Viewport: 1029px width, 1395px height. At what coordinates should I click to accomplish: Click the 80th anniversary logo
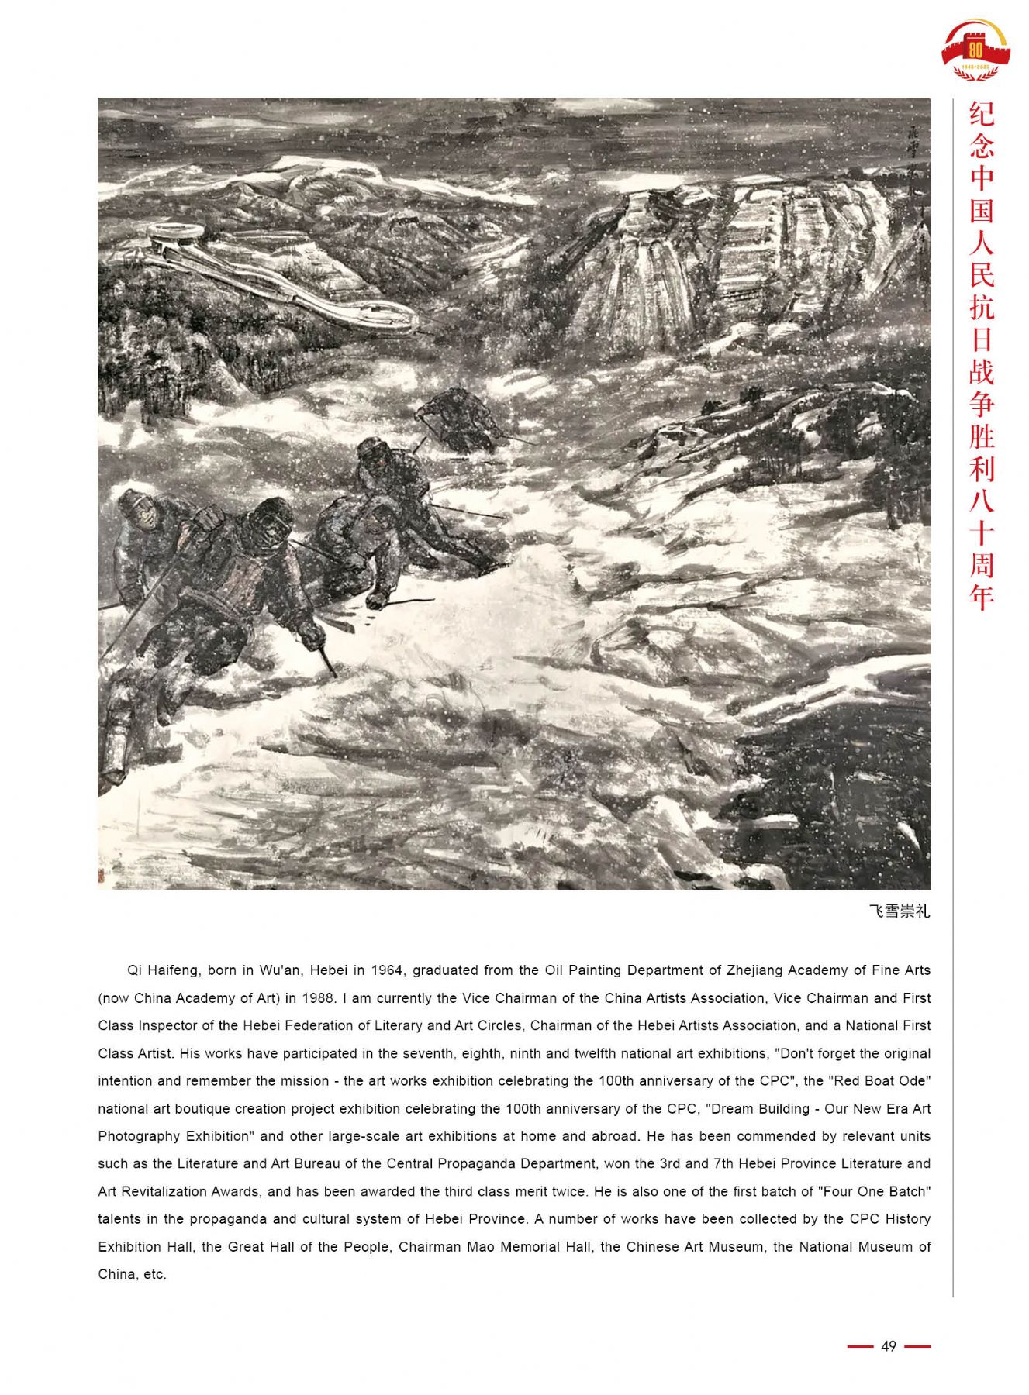coord(975,50)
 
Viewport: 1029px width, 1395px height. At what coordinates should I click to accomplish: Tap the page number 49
coord(889,1346)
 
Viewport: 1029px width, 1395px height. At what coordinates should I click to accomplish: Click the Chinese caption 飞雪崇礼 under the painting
coord(899,911)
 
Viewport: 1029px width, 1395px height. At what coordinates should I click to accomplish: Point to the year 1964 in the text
coord(387,970)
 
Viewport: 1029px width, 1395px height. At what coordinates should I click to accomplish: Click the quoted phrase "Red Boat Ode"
coord(879,1081)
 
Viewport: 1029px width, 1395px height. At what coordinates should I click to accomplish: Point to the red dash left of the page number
coord(860,1346)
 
